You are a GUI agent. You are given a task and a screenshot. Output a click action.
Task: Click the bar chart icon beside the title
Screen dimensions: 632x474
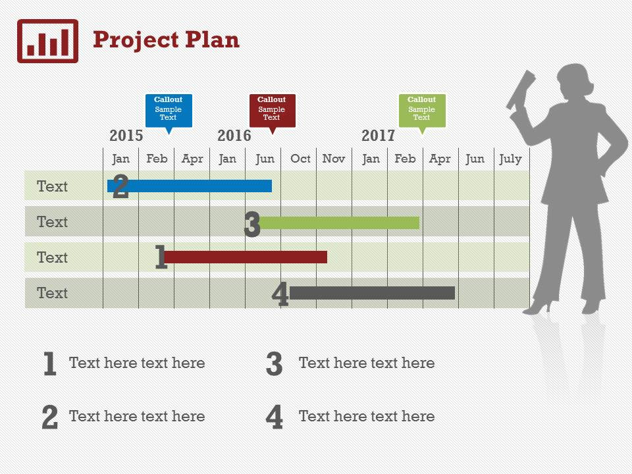click(x=47, y=41)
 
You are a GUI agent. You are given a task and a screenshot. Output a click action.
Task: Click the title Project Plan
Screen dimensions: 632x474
click(x=166, y=40)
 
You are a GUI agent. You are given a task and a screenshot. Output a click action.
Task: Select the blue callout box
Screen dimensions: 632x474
click(x=169, y=111)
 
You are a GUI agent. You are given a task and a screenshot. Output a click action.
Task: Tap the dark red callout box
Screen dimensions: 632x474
click(x=273, y=111)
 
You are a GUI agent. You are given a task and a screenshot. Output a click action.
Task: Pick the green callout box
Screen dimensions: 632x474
click(x=422, y=111)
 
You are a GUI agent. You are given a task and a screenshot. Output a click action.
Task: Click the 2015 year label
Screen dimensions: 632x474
click(x=126, y=136)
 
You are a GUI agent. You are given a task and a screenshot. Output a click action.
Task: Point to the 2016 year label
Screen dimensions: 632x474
click(x=234, y=136)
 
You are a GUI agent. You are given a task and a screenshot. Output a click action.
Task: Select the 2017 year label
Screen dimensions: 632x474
click(x=378, y=136)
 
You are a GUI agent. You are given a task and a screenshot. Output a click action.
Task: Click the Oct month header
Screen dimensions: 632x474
click(x=300, y=159)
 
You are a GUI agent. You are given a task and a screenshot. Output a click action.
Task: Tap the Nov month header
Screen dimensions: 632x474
click(x=334, y=159)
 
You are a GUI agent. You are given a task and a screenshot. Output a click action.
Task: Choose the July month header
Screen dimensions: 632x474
click(x=511, y=159)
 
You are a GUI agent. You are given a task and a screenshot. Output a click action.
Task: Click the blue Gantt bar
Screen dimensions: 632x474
click(x=190, y=186)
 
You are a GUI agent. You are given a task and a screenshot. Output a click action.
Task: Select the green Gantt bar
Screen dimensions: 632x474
click(x=339, y=223)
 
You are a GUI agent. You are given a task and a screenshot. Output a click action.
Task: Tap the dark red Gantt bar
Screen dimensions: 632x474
click(x=246, y=257)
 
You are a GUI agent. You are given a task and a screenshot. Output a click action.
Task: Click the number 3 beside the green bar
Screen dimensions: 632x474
click(x=252, y=224)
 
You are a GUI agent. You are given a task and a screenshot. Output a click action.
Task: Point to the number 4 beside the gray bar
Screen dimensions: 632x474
click(x=280, y=294)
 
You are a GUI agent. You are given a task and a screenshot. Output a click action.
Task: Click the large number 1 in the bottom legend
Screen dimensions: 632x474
click(x=49, y=363)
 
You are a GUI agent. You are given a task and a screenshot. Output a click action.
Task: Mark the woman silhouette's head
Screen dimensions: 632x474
click(x=575, y=82)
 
